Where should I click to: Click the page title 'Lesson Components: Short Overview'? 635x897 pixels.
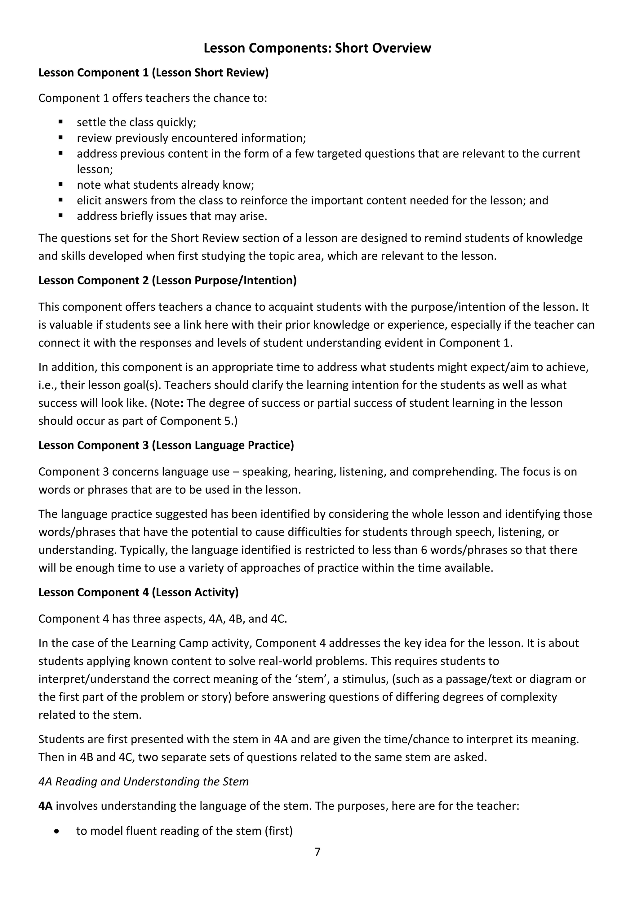point(317,48)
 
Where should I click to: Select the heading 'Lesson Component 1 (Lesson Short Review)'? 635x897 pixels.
point(153,73)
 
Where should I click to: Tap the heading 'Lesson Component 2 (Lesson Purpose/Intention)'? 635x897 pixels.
point(167,281)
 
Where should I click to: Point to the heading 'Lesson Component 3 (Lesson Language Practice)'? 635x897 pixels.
point(166,445)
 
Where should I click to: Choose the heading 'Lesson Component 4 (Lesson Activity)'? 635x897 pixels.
point(138,592)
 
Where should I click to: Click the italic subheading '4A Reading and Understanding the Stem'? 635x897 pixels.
point(144,781)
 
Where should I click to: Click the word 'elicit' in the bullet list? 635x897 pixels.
point(89,200)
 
